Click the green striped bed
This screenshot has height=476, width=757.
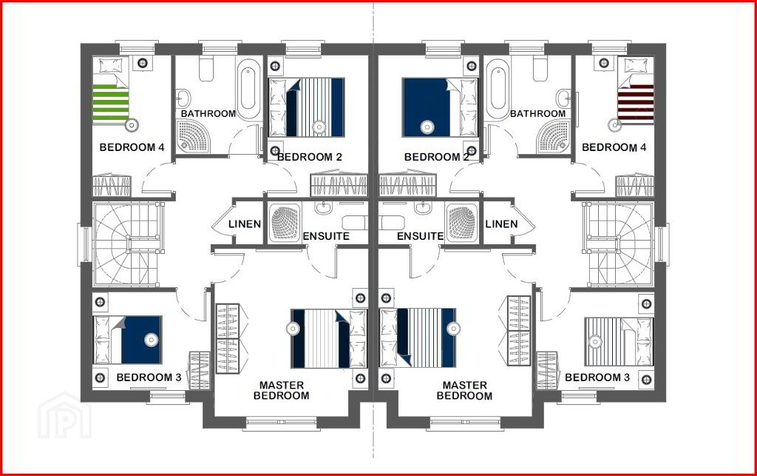click(x=111, y=90)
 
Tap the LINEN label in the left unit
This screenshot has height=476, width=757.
click(x=245, y=224)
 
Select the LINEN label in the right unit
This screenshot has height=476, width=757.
click(x=502, y=224)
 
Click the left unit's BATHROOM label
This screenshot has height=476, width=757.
click(x=208, y=113)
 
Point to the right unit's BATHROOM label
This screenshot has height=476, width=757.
click(x=538, y=113)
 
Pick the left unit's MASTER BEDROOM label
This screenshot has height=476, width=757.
click(x=282, y=390)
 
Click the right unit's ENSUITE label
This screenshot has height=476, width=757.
click(x=420, y=236)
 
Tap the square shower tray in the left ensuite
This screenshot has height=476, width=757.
click(x=285, y=222)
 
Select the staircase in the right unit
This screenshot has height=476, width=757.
click(x=619, y=244)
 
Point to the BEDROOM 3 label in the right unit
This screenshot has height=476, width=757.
click(x=597, y=378)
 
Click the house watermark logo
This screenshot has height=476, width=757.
click(x=64, y=415)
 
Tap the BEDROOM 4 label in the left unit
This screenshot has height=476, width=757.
click(x=132, y=147)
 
